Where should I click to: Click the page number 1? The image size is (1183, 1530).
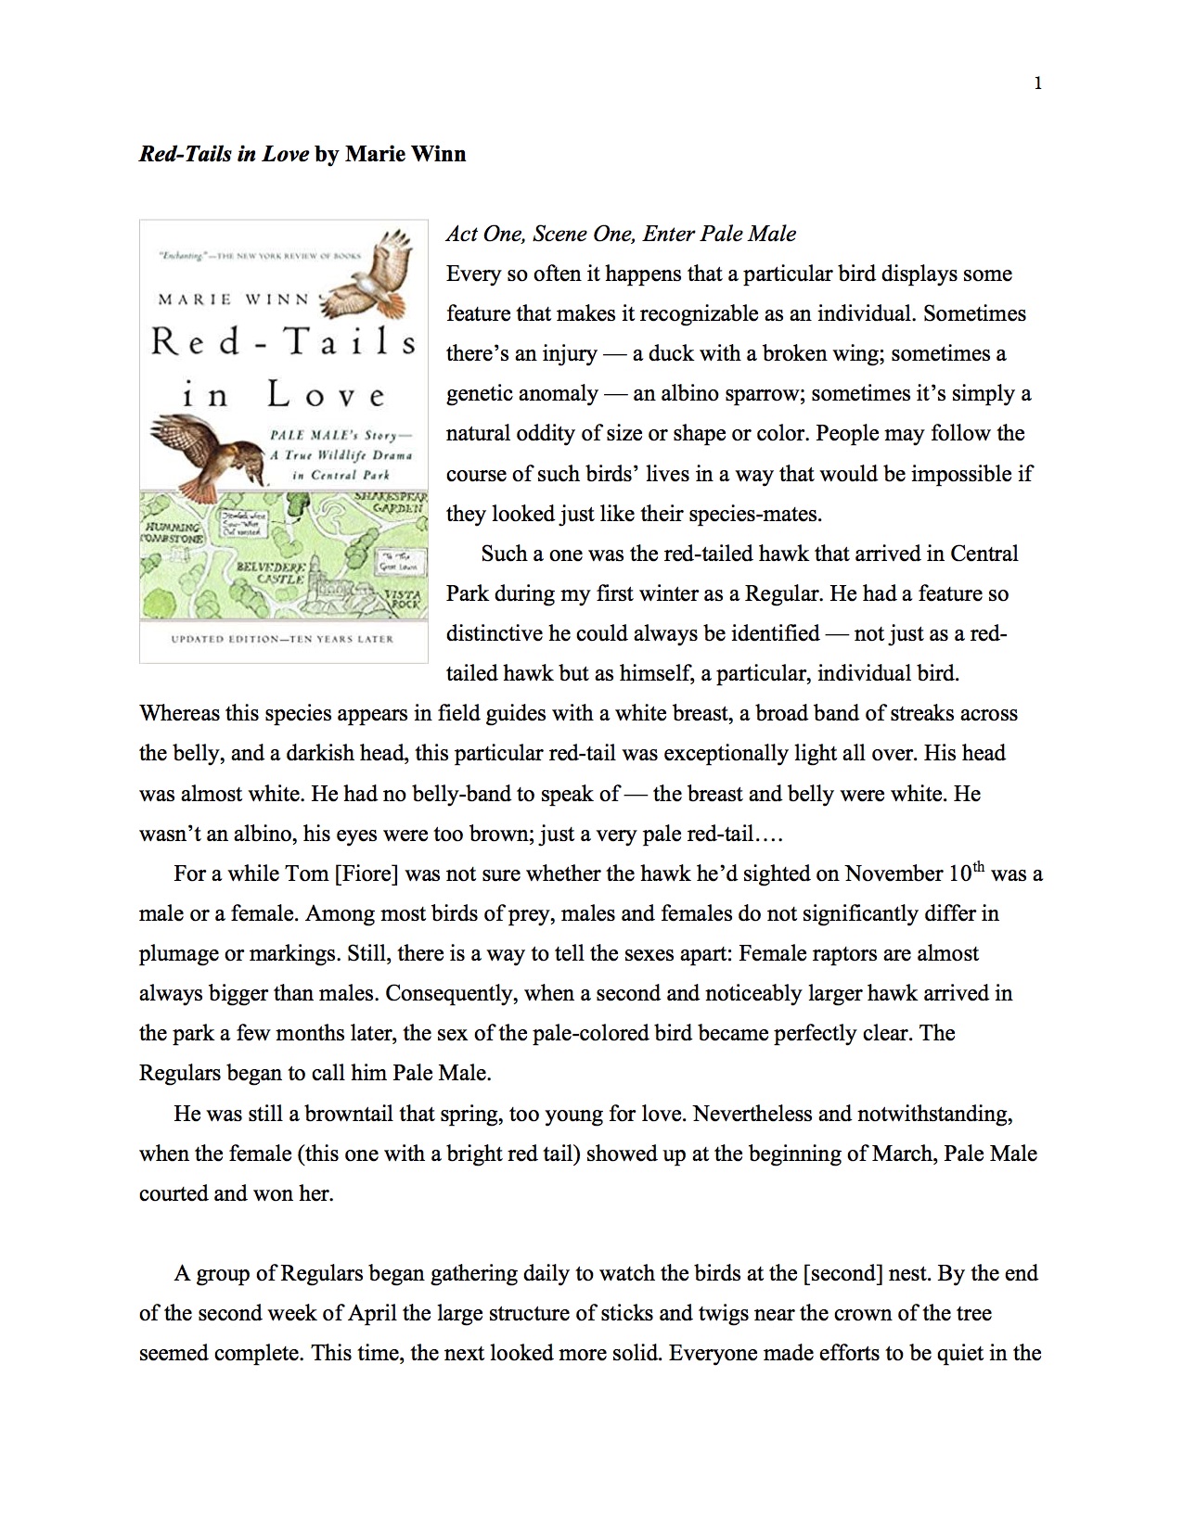click(x=1037, y=83)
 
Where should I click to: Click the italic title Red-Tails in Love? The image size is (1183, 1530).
click(x=224, y=154)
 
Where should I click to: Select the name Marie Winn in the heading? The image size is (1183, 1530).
click(x=405, y=154)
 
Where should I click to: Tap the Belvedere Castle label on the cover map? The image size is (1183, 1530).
click(x=267, y=570)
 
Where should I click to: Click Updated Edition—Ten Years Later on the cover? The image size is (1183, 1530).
click(x=282, y=639)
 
